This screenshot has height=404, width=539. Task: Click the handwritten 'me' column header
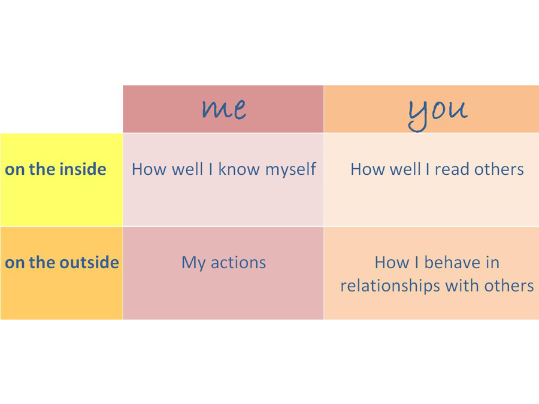click(x=224, y=109)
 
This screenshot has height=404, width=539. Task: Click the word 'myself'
click(x=290, y=170)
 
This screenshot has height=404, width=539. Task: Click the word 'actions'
click(x=238, y=263)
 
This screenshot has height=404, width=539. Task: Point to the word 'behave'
click(x=452, y=263)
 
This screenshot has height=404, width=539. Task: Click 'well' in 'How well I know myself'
click(x=187, y=169)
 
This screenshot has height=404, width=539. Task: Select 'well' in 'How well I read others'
click(x=405, y=169)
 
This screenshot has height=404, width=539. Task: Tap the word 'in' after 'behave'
click(x=492, y=263)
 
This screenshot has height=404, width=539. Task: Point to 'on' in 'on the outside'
click(x=14, y=263)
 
